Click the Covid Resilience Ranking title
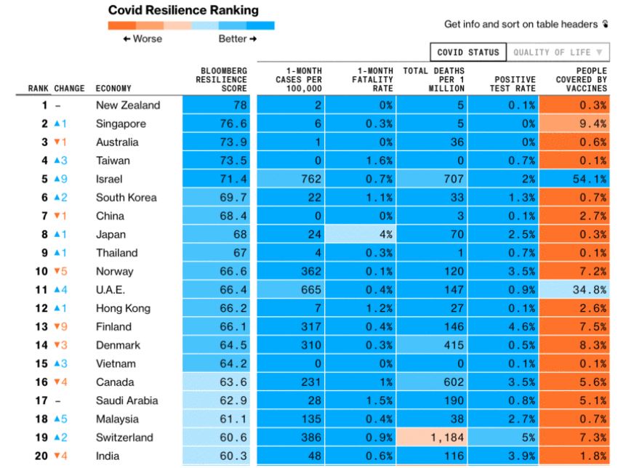(x=182, y=10)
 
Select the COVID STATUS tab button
(x=468, y=52)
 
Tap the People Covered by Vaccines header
(x=581, y=79)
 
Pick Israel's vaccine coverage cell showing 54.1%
(x=579, y=179)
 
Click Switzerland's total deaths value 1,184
(x=433, y=437)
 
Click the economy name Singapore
(x=121, y=124)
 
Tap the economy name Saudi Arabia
(x=127, y=400)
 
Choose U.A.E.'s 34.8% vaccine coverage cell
(x=579, y=290)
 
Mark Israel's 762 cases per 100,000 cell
(x=291, y=179)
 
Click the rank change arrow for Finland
(x=60, y=326)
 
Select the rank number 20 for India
(x=41, y=456)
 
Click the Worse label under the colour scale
(x=143, y=39)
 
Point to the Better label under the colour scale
(x=237, y=39)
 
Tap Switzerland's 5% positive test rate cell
(x=503, y=437)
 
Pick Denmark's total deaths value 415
(x=433, y=345)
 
